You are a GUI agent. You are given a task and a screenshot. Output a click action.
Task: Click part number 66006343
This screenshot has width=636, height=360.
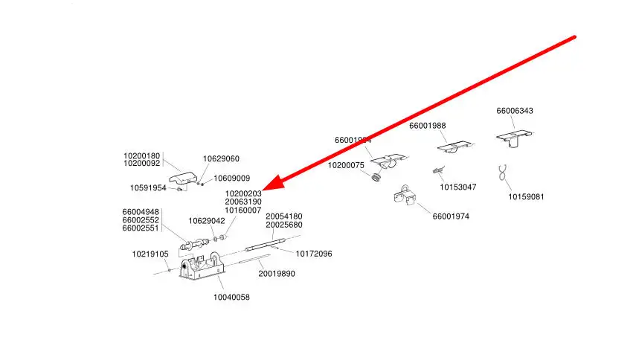coord(515,111)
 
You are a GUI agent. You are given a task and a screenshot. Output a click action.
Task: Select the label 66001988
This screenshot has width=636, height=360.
coord(427,126)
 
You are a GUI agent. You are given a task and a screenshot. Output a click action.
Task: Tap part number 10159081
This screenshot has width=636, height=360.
coord(526,197)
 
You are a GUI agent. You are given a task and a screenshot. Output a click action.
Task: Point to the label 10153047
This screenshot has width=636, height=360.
coord(457,187)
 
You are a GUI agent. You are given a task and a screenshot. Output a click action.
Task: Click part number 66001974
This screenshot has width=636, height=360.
coord(451,216)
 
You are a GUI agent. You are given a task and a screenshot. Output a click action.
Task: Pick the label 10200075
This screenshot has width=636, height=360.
coord(346,165)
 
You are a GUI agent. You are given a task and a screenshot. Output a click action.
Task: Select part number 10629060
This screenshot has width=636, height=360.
coord(221,158)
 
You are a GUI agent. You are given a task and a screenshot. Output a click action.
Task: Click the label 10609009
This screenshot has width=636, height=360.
coord(232,179)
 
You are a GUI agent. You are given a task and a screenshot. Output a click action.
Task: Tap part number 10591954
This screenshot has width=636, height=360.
coord(148,187)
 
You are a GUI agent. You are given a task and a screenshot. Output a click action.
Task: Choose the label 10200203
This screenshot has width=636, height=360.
coord(243,193)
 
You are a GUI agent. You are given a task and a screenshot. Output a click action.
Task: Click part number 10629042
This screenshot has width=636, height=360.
coord(206,221)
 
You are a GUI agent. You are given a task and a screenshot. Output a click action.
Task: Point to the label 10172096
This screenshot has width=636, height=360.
coord(314,254)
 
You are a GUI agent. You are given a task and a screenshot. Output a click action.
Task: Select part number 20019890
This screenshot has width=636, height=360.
coord(277,274)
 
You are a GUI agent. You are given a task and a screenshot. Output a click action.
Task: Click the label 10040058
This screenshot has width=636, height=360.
coord(231,297)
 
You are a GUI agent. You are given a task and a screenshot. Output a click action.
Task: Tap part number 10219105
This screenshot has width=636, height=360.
coord(150,254)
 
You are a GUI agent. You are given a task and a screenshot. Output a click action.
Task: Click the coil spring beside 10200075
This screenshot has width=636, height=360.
coord(376,177)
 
